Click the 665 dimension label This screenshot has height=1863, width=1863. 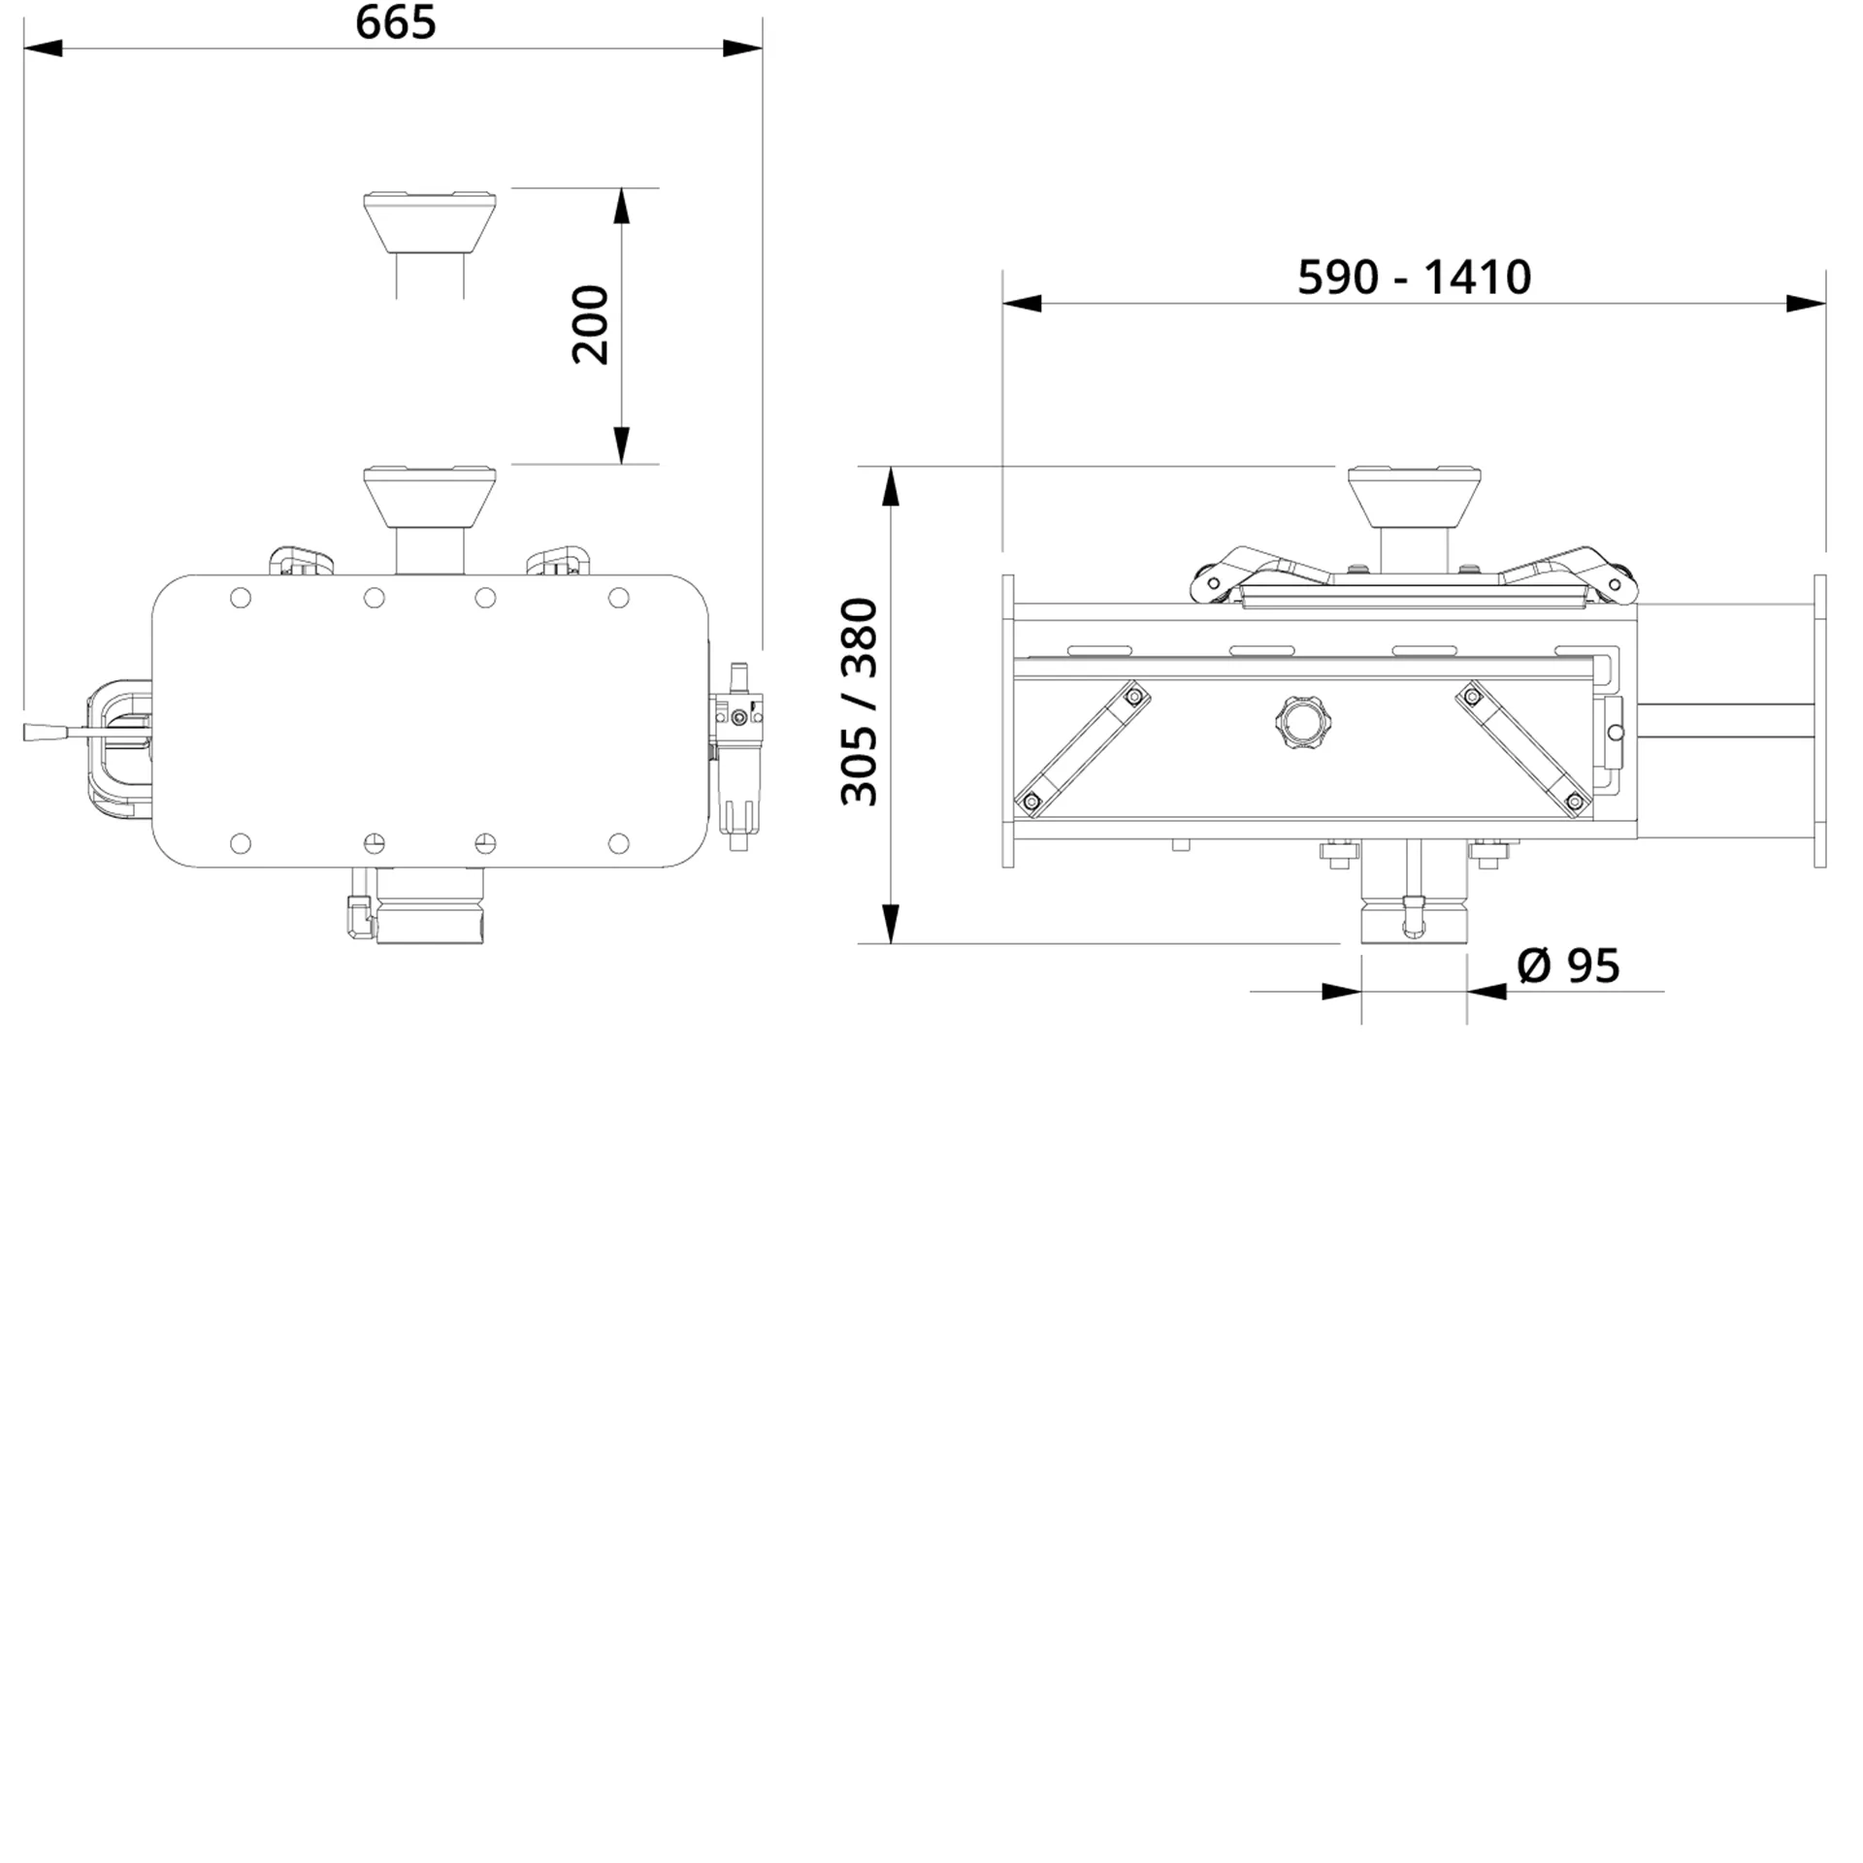395,23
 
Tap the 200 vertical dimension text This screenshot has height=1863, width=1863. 590,325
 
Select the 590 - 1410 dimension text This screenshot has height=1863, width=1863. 1414,278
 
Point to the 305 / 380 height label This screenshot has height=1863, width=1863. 860,703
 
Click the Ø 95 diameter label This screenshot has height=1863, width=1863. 1568,965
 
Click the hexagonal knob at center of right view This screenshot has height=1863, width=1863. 1298,720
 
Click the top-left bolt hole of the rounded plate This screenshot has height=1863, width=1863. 241,598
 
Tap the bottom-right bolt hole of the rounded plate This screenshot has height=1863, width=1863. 618,843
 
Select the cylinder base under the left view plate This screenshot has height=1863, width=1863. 429,907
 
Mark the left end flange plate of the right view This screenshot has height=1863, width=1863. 1007,721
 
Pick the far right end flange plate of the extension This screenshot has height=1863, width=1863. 1819,721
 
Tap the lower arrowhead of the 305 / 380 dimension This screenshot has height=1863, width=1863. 890,924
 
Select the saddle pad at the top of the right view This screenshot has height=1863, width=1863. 1414,495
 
